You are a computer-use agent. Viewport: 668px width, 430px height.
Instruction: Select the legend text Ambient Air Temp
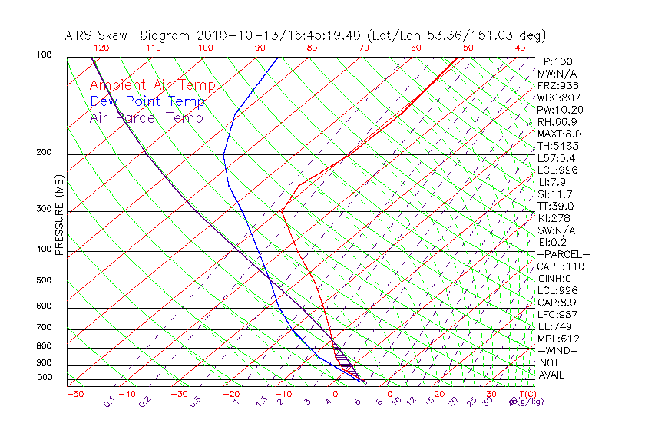point(153,86)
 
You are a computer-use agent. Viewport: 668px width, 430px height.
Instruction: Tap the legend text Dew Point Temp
point(147,102)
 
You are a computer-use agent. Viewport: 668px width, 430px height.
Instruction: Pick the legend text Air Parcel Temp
point(147,118)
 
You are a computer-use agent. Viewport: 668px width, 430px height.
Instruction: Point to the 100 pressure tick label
point(44,55)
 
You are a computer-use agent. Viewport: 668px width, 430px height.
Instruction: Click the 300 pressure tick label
point(44,209)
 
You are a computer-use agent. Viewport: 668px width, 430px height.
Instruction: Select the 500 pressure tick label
point(44,281)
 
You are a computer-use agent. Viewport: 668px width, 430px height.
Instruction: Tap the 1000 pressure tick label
point(41,378)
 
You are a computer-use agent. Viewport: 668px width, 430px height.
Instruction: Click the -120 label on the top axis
point(99,47)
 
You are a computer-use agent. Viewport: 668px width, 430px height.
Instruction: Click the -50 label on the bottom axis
point(74,394)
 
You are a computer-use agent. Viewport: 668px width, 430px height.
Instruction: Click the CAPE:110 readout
point(561,266)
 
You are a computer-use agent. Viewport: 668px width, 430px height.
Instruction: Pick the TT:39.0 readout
point(556,206)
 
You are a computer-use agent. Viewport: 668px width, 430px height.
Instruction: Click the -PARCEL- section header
point(563,254)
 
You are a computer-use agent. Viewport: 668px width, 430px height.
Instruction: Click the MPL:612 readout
point(558,339)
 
